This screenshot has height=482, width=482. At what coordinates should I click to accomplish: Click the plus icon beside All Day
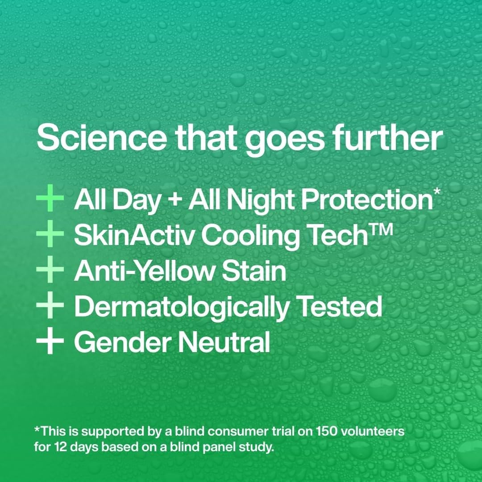pos(50,200)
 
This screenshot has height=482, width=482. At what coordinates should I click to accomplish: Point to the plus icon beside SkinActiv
pos(50,236)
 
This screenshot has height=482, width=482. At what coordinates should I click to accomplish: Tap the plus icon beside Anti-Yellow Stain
pos(50,272)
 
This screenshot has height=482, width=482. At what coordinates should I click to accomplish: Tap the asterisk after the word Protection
pos(436,192)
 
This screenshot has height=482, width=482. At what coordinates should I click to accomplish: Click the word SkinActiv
pos(135,236)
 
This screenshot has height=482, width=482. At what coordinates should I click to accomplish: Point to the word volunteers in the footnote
pos(376,432)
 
